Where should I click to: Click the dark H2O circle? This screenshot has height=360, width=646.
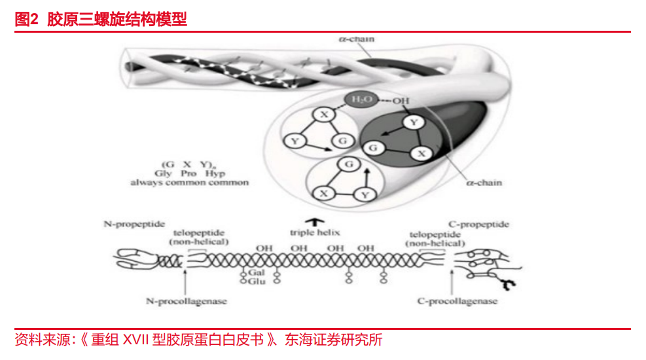(x=361, y=100)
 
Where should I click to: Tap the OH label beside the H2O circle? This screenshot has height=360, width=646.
(x=401, y=101)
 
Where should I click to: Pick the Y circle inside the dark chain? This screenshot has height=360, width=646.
(x=413, y=122)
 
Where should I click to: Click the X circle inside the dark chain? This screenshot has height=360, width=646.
(x=422, y=153)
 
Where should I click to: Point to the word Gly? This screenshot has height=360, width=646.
(x=163, y=173)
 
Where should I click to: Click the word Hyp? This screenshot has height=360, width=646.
(x=215, y=173)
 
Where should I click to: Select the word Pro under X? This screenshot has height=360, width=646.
(x=188, y=173)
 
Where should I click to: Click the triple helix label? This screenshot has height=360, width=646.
(x=315, y=232)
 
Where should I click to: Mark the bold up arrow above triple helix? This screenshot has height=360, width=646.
(x=314, y=221)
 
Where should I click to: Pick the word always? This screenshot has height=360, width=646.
(x=146, y=183)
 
